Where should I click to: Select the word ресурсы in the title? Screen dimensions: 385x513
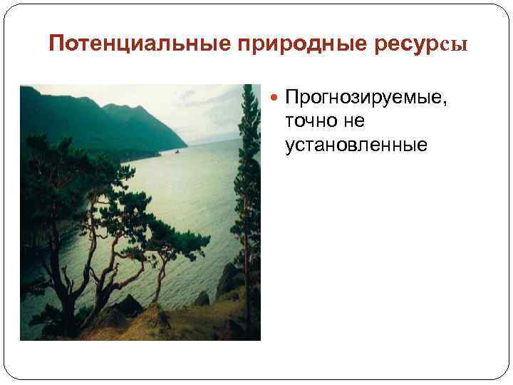423,44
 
